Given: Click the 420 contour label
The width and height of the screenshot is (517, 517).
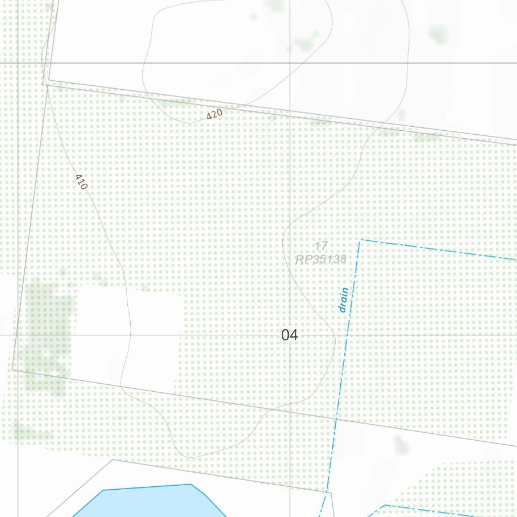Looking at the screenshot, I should (x=215, y=114).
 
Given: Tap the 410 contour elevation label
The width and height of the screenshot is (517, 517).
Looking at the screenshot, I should (x=81, y=182).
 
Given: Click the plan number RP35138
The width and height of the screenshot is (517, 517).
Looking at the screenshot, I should (x=321, y=260).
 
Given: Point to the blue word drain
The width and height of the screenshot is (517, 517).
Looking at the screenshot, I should (x=344, y=300).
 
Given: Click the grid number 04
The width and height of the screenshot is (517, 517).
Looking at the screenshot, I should (x=290, y=335).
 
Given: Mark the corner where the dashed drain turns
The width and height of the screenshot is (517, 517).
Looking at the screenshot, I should (x=359, y=240).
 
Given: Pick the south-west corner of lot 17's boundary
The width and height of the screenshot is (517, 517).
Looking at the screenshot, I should (x=13, y=369).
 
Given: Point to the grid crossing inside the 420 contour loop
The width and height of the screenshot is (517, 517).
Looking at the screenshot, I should (x=290, y=63).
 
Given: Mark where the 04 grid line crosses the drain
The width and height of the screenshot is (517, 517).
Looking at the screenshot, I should (x=347, y=335).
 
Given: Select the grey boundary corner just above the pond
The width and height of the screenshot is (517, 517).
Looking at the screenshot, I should (x=113, y=460).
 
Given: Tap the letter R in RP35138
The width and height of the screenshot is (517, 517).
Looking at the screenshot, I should (x=300, y=260).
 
